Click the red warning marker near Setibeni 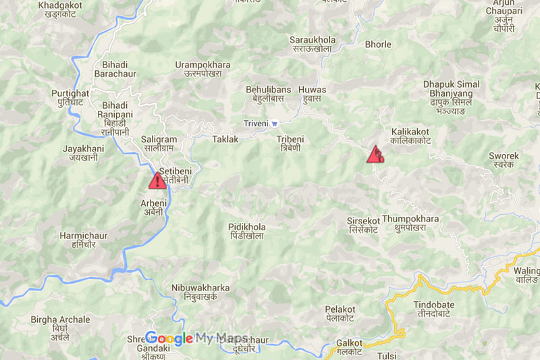click(157, 180)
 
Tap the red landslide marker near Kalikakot click(375, 155)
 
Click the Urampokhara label click(202, 69)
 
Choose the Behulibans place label click(268, 94)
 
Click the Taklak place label click(225, 138)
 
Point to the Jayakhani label click(84, 153)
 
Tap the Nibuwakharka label click(200, 292)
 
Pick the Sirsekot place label click(363, 225)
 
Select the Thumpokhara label click(410, 224)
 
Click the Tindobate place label click(434, 310)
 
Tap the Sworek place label click(504, 160)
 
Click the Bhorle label click(378, 45)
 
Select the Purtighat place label click(70, 99)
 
